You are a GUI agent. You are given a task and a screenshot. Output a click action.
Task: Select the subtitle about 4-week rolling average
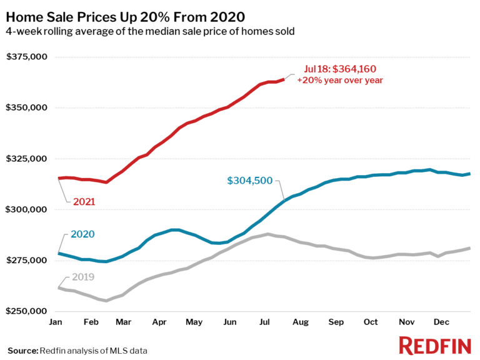coord(150,31)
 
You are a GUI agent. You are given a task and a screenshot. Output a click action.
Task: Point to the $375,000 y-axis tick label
coord(27,57)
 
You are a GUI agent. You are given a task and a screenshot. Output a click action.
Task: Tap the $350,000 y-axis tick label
coord(27,107)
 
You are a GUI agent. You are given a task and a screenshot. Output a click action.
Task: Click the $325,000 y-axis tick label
coord(27,158)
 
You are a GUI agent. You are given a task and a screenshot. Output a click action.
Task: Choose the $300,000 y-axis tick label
coord(27,209)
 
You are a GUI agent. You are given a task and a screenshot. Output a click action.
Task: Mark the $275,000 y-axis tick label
coord(27,260)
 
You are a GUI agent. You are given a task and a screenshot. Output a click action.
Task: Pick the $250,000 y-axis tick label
coord(27,311)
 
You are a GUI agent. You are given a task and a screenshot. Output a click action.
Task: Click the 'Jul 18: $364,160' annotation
coord(340,69)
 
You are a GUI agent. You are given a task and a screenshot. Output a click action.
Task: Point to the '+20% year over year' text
coord(340,80)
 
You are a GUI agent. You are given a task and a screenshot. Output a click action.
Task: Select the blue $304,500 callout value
coord(249,181)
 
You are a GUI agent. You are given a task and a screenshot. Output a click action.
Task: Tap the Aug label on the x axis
coord(301,321)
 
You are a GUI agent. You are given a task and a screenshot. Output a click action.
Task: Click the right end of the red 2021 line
coord(284,79)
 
